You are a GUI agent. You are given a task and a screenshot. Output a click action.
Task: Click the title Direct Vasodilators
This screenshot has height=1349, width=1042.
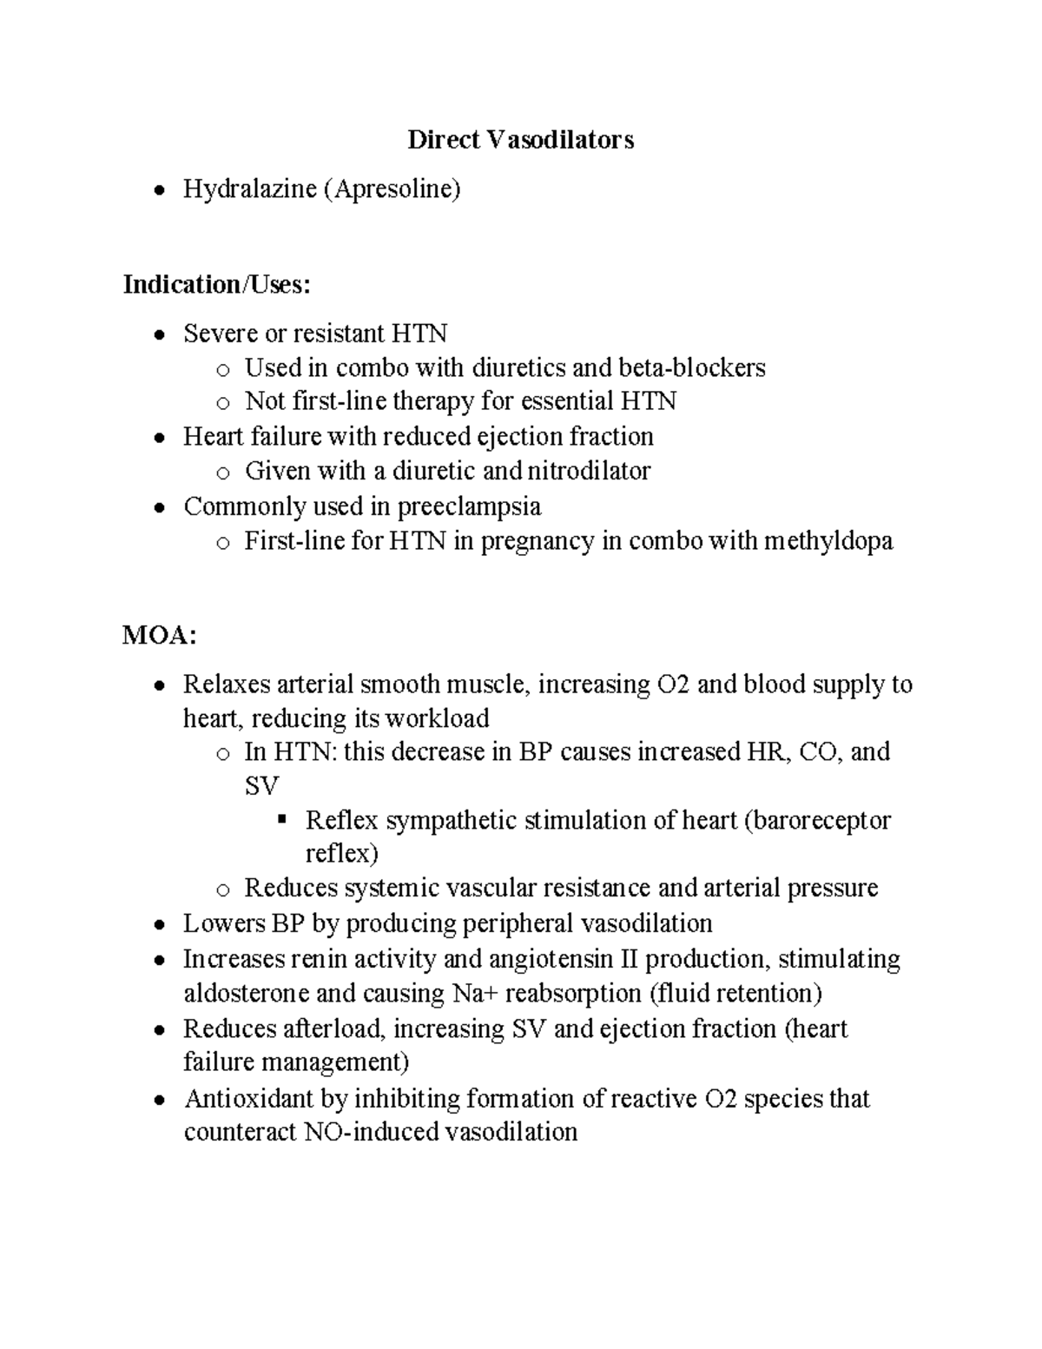click(520, 140)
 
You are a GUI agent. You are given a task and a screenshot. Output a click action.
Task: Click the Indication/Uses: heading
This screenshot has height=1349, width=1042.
click(216, 284)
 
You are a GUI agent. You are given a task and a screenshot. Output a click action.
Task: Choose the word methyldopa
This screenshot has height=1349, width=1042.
click(828, 541)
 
